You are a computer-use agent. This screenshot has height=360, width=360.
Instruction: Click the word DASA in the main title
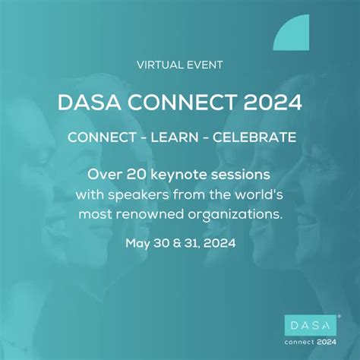[82, 103]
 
